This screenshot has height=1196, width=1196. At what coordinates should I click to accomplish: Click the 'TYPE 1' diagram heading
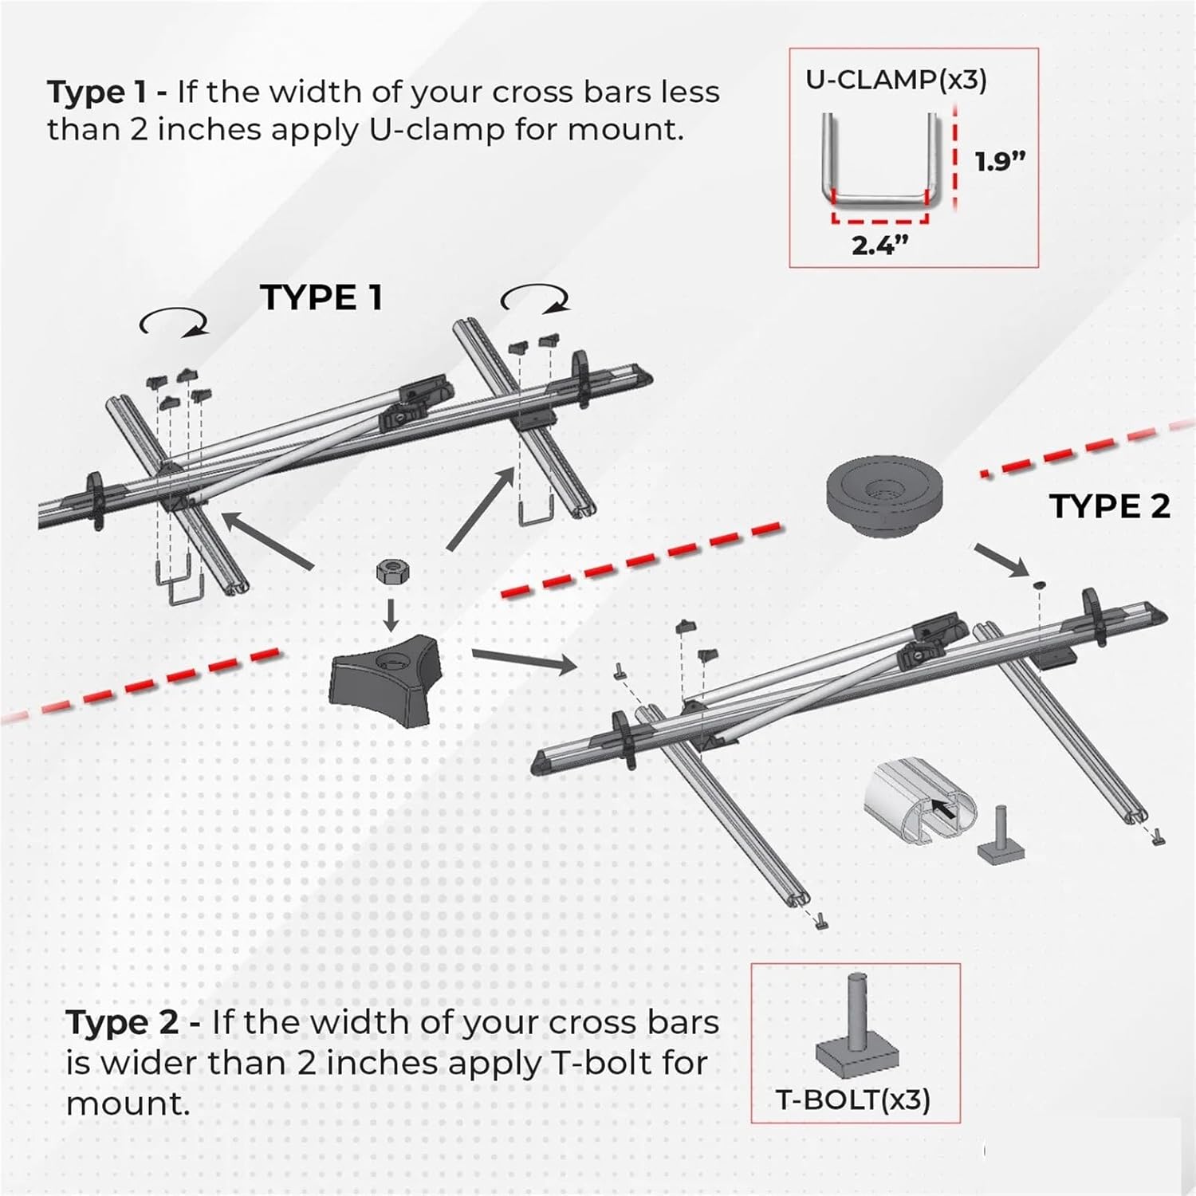coord(321,298)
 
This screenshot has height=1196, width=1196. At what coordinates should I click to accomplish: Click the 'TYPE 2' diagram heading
coord(1109,506)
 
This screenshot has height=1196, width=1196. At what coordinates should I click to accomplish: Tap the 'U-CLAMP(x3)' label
coord(895,80)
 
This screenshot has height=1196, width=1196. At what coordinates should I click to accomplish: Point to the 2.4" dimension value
coord(879,246)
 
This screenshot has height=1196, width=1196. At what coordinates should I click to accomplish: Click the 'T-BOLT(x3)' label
coord(853,1100)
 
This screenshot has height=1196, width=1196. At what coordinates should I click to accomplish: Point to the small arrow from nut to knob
coord(390,614)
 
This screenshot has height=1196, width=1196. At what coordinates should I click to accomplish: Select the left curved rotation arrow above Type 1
coord(174,322)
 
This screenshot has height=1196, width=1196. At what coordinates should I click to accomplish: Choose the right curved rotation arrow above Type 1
coord(536,301)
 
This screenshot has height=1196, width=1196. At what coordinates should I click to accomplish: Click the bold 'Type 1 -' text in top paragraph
coord(107,92)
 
